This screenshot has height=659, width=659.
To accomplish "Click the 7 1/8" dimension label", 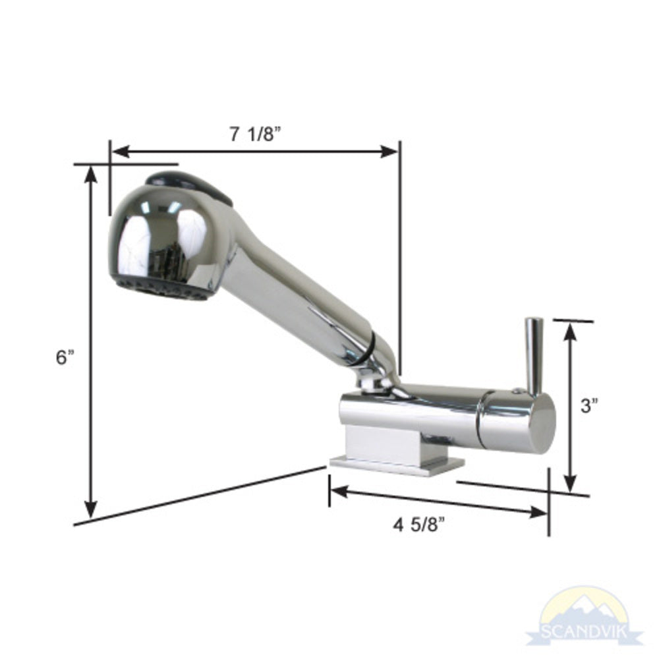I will [255, 134].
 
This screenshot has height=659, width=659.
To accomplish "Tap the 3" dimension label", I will [590, 405].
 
